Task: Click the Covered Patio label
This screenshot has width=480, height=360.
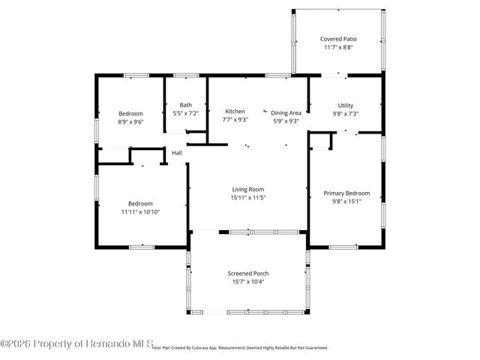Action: pos(337,38)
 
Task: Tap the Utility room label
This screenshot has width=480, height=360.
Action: pos(346,105)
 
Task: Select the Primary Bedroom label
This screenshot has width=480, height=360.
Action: pos(346,193)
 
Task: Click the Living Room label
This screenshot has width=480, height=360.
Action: pos(248,189)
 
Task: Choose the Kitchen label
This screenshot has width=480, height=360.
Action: pos(235,111)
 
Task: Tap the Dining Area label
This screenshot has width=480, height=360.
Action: pos(286,111)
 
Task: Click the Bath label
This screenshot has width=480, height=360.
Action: pos(185,105)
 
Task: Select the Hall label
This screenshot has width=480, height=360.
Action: pos(177,153)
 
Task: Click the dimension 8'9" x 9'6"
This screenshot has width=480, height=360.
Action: pos(130,121)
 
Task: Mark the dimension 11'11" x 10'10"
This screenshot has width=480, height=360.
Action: pos(140,211)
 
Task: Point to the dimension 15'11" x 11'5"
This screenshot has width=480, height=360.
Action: pos(248,197)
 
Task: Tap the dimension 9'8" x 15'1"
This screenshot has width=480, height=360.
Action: pos(346,201)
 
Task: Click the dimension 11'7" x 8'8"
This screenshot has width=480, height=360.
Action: pos(337,46)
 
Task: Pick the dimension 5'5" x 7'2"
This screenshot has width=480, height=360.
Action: pos(185,113)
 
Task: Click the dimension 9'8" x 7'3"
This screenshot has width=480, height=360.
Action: pos(346,113)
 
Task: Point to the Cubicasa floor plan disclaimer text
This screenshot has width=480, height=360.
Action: pos(240,348)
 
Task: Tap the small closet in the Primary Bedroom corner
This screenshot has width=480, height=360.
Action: pos(320,141)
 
